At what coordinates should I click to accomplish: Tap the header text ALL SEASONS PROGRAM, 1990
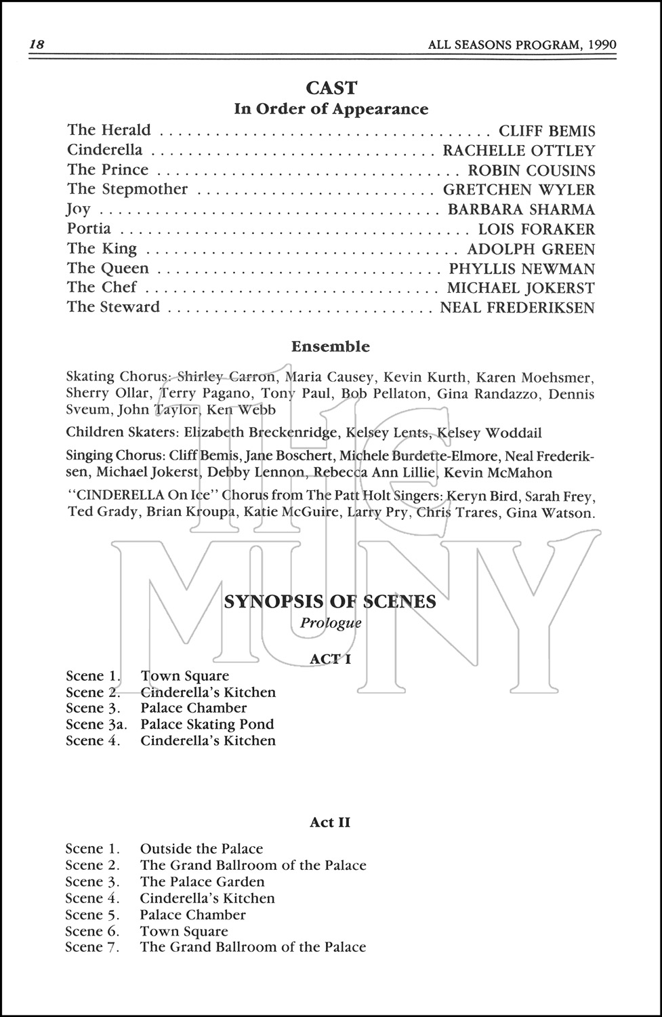522,45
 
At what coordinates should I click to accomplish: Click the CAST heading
331,87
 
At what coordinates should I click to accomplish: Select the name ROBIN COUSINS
531,170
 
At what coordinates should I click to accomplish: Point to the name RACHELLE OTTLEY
518,151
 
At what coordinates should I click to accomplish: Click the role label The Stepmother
127,189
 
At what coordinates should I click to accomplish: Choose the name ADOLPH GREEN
531,249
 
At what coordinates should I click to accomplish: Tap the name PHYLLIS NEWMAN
522,268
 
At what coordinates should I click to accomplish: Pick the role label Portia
89,228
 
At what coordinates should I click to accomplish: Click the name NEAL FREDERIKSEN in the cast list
517,308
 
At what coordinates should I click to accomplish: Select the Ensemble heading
331,346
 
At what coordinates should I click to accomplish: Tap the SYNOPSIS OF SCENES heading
330,601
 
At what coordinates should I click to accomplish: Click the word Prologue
331,622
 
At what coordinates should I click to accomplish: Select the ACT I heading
330,658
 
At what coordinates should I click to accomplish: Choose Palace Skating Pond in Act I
207,724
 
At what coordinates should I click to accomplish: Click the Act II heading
330,822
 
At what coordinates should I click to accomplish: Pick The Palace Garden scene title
202,881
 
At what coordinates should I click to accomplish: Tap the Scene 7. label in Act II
92,947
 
